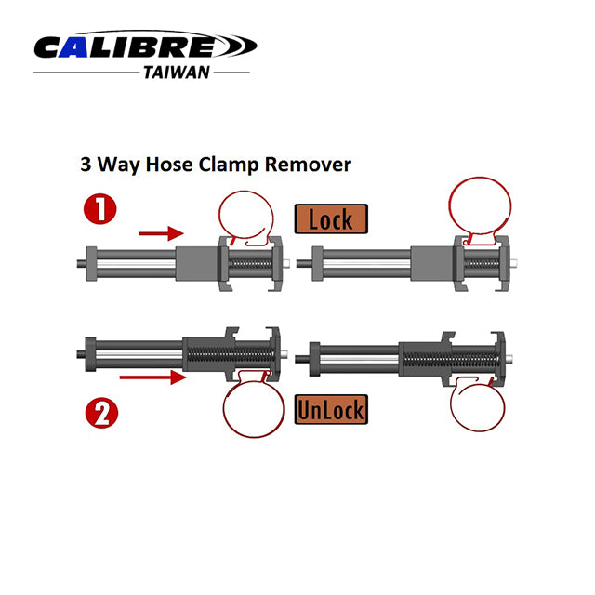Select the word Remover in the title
pyautogui.click(x=316, y=165)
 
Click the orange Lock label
pyautogui.click(x=332, y=219)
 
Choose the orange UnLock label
pyautogui.click(x=329, y=408)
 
